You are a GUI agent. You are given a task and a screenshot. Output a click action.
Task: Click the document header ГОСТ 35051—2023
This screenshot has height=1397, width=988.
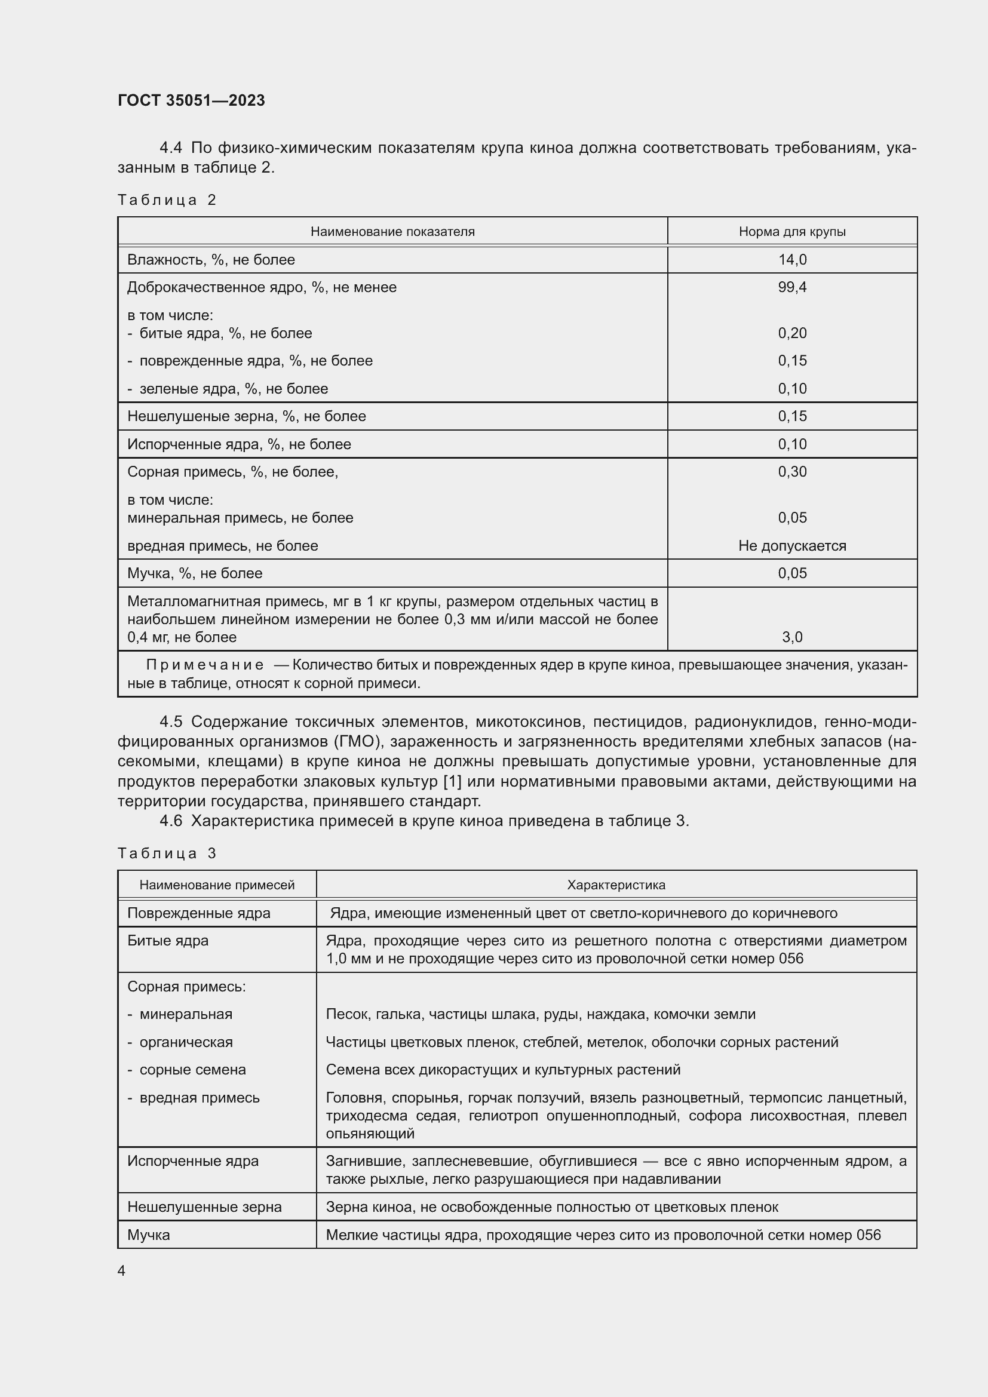pyautogui.click(x=191, y=100)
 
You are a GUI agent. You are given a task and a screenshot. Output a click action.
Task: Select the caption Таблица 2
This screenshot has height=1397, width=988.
pyautogui.click(x=167, y=200)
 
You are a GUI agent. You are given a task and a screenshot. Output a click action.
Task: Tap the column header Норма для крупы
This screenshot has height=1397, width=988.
pyautogui.click(x=791, y=232)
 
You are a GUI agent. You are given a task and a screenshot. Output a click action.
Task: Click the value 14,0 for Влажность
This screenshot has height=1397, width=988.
pyautogui.click(x=791, y=260)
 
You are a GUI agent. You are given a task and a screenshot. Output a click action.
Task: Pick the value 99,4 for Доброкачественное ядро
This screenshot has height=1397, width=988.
pyautogui.click(x=791, y=287)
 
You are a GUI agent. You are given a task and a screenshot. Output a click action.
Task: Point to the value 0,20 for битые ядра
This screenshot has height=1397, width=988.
pyautogui.click(x=791, y=333)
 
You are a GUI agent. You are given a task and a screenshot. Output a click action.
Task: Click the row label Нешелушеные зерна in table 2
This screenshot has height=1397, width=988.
pyautogui.click(x=246, y=416)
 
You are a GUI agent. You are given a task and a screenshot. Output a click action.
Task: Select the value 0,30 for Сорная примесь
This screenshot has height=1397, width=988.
pyautogui.click(x=791, y=472)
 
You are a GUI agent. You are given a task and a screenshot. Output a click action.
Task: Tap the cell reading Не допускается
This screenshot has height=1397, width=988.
pyautogui.click(x=791, y=546)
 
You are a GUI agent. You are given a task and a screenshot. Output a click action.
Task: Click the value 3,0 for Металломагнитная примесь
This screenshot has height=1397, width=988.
pyautogui.click(x=791, y=637)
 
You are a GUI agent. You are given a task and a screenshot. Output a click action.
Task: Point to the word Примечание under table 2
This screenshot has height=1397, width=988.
pyautogui.click(x=204, y=665)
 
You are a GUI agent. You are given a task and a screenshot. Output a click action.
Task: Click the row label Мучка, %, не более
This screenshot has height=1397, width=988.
pyautogui.click(x=195, y=573)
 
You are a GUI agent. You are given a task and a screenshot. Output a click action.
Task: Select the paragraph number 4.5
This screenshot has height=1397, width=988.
pyautogui.click(x=170, y=721)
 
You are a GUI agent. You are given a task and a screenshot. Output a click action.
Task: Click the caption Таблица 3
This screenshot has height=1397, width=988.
pyautogui.click(x=167, y=853)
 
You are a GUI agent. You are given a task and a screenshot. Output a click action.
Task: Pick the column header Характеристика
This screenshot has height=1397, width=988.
pyautogui.click(x=616, y=885)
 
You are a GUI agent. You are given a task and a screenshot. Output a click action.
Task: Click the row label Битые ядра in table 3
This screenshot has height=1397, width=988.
pyautogui.click(x=168, y=941)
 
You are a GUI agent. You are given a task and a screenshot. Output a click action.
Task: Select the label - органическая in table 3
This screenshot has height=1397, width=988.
pyautogui.click(x=180, y=1042)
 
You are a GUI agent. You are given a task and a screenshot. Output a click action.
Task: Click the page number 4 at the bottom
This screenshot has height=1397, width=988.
pyautogui.click(x=121, y=1271)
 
